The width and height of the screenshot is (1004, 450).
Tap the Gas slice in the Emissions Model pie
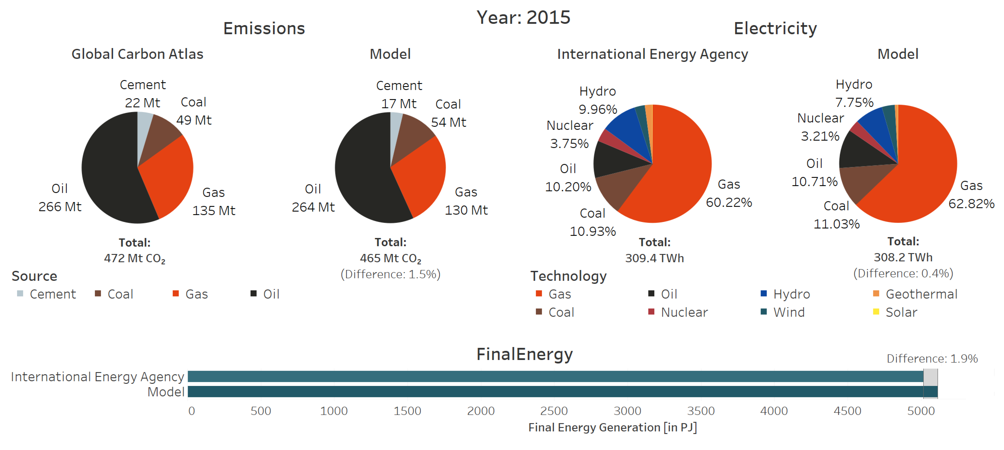click(421, 176)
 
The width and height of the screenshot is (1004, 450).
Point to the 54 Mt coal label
click(448, 122)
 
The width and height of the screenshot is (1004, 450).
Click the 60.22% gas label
click(729, 202)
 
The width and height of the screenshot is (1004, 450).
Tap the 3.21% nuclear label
click(820, 136)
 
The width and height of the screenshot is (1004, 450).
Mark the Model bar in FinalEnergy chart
click(546, 391)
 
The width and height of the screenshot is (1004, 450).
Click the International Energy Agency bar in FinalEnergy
click(546, 376)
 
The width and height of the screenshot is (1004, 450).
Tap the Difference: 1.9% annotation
click(932, 358)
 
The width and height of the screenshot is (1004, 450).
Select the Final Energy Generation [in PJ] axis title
click(612, 427)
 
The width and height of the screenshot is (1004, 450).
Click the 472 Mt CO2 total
click(134, 258)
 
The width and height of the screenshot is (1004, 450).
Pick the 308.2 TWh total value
click(903, 257)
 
